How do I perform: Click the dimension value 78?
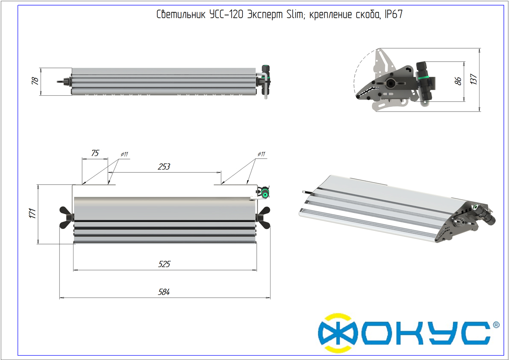click(x=35, y=81)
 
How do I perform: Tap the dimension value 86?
click(x=458, y=81)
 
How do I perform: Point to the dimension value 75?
click(x=95, y=153)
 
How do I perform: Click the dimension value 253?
click(x=164, y=166)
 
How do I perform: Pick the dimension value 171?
click(x=33, y=213)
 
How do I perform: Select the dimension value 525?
click(x=164, y=264)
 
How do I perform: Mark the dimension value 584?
click(x=164, y=292)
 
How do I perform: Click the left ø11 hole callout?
click(x=124, y=154)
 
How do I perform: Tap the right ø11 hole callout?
click(x=261, y=154)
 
